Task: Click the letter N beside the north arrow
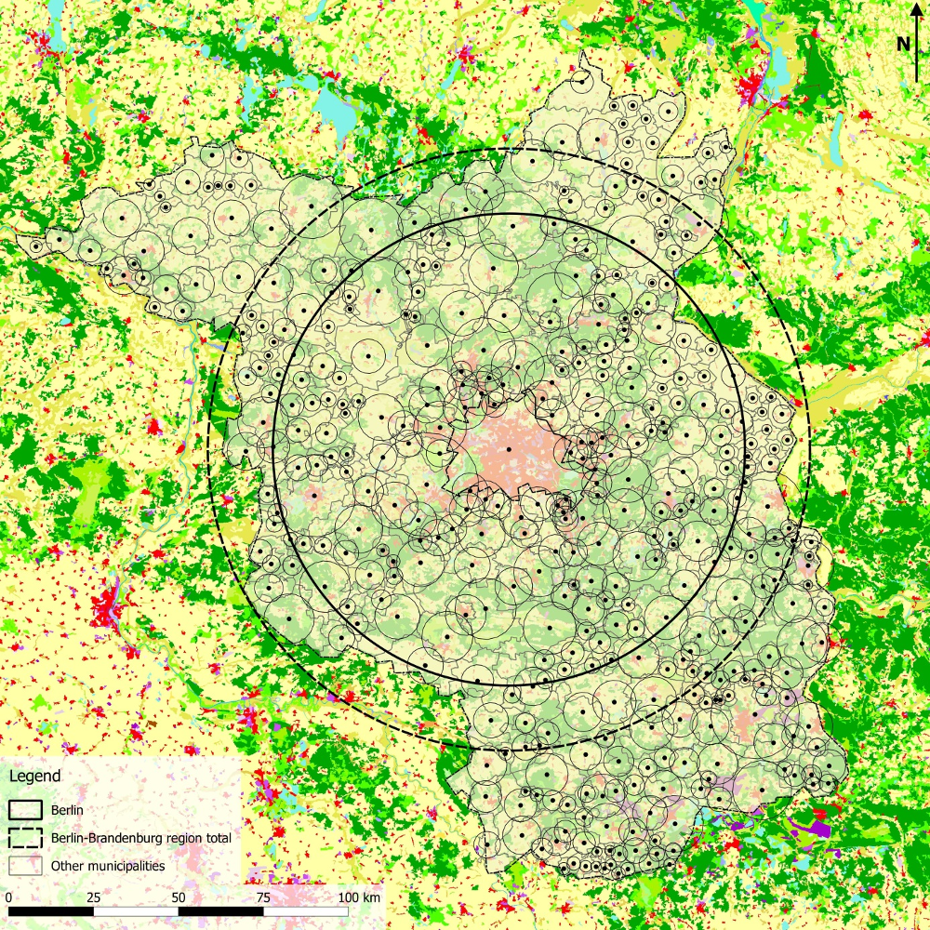[903, 44]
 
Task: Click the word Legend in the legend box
[34, 776]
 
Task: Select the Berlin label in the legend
[68, 810]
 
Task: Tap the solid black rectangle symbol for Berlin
[26, 810]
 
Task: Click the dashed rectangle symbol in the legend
[26, 838]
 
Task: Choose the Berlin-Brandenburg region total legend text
[140, 838]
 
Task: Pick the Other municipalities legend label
[108, 866]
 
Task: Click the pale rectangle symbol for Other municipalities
[26, 866]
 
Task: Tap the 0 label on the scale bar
[8, 897]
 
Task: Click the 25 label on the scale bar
[93, 897]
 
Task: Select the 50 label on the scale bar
[179, 897]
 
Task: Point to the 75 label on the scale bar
[263, 897]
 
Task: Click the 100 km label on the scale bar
[359, 897]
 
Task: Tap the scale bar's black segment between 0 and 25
[50, 911]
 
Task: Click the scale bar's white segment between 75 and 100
[306, 911]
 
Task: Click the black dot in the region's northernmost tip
[582, 83]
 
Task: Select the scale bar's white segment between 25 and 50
[136, 911]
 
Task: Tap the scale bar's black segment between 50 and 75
[220, 911]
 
